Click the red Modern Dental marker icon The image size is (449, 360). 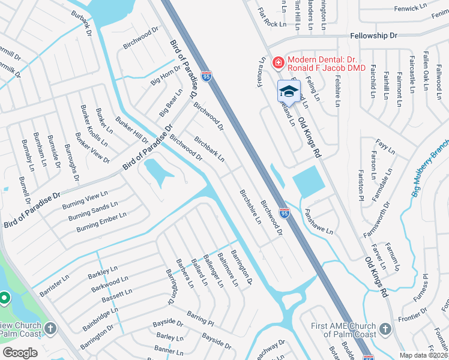click(x=278, y=62)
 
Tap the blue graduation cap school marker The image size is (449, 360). click(x=289, y=92)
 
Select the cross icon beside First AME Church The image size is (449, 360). click(x=385, y=329)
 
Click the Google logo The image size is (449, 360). click(x=20, y=353)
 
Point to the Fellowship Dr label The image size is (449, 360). click(x=374, y=36)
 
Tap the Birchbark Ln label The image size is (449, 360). click(x=209, y=149)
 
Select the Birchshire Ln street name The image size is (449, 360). click(x=250, y=206)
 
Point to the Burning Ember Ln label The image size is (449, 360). click(x=101, y=222)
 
